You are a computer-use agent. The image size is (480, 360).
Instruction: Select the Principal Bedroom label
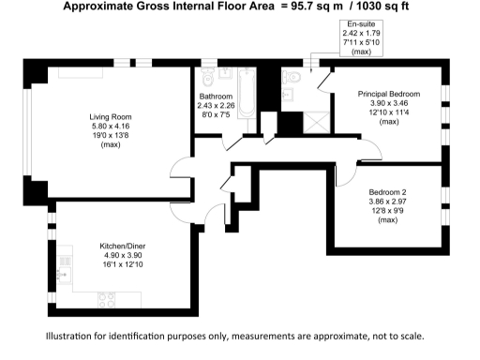pyautogui.click(x=391, y=95)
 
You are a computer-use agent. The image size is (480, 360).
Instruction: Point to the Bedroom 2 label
pyautogui.click(x=386, y=192)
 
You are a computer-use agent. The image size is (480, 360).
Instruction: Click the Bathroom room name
pyautogui.click(x=217, y=97)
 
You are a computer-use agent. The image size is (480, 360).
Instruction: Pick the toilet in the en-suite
pyautogui.click(x=293, y=77)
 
